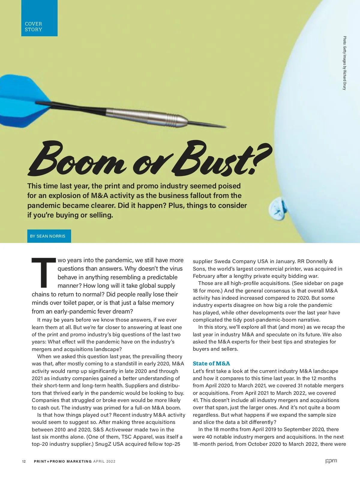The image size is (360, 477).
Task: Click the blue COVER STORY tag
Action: pyautogui.click(x=39, y=18)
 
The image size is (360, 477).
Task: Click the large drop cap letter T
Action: pyautogui.click(x=44, y=272)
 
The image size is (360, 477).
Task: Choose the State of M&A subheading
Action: pyautogui.click(x=211, y=364)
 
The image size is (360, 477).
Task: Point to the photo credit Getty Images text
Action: pyautogui.click(x=345, y=63)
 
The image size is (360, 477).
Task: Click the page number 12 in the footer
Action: pyautogui.click(x=24, y=461)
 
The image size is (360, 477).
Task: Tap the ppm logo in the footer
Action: pyautogui.click(x=331, y=461)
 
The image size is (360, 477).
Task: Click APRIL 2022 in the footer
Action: pyautogui.click(x=104, y=461)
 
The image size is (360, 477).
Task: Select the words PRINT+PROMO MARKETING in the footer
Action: pyautogui.click(x=63, y=461)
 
